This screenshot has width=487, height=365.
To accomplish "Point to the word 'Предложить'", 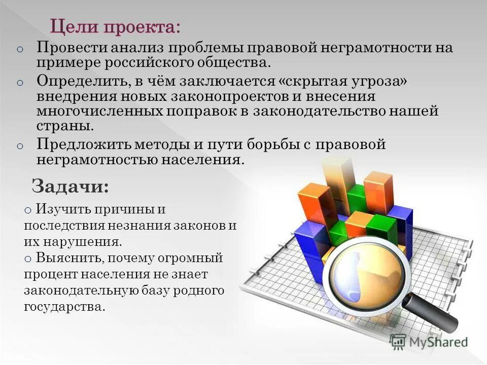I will tap(83, 144).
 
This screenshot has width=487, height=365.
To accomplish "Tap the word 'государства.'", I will tap(64, 307).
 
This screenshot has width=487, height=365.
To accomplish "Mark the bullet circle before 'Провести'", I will tap(20, 49).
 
